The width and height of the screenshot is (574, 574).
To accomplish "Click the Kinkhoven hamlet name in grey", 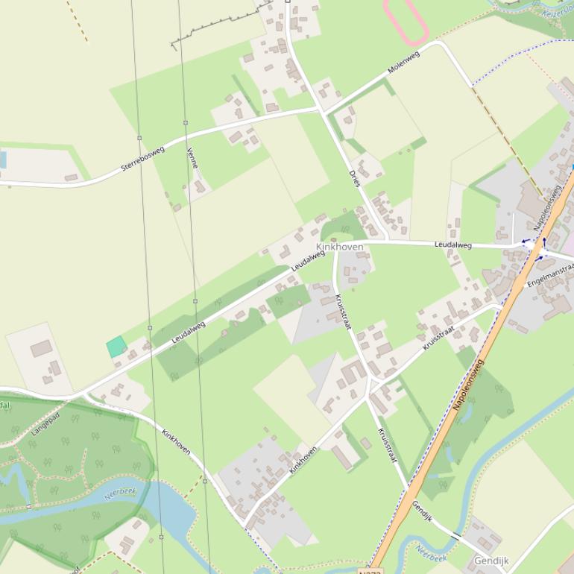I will pyautogui.click(x=340, y=247).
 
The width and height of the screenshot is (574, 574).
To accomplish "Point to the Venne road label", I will pyautogui.click(x=192, y=158).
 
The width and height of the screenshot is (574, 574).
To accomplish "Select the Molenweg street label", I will pyautogui.click(x=403, y=63).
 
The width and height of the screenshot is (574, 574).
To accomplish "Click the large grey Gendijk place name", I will pyautogui.click(x=491, y=560).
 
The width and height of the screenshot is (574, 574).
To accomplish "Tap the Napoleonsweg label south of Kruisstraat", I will pyautogui.click(x=468, y=385).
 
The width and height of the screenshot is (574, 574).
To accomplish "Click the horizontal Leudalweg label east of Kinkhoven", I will pyautogui.click(x=453, y=245).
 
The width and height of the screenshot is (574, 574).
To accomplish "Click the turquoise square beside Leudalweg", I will pyautogui.click(x=116, y=346).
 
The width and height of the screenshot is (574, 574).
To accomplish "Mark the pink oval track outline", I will pyautogui.click(x=406, y=21).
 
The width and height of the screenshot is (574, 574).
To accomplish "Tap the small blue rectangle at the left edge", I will pyautogui.click(x=2, y=160).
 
